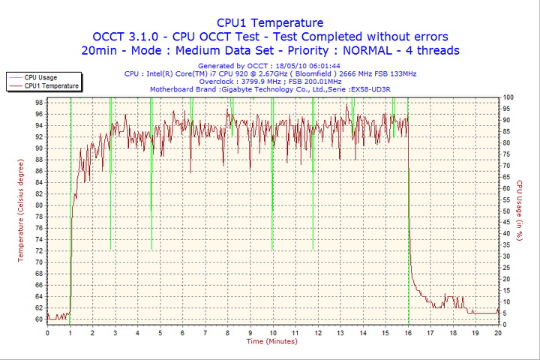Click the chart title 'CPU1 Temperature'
coord(270,22)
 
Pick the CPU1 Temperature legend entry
coord(50,85)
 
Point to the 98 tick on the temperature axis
coord(38,103)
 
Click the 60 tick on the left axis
coord(38,319)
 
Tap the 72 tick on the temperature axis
coord(38,250)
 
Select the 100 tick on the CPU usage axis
coord(508,97)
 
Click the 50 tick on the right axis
coord(506,211)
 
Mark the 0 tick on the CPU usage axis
coord(504,324)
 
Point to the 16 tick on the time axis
coord(408,332)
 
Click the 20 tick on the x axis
coord(498,332)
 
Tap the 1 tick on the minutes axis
coord(70,332)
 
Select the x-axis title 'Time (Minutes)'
coord(271,341)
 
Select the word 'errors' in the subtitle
coord(425,37)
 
